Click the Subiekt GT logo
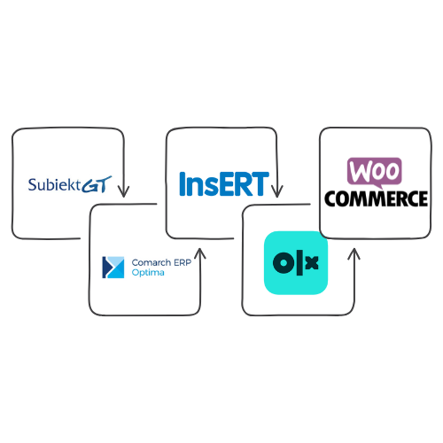click(x=70, y=184)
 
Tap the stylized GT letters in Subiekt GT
click(x=97, y=184)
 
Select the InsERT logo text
click(x=224, y=183)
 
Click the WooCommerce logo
click(x=376, y=183)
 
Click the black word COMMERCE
click(x=376, y=198)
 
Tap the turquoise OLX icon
click(x=296, y=262)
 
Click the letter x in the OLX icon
click(x=312, y=262)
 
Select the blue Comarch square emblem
click(x=113, y=268)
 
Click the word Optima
click(x=148, y=273)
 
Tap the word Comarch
click(x=152, y=262)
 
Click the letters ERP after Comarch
click(x=183, y=262)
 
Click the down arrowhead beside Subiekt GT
click(x=123, y=191)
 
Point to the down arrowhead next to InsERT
click(x=276, y=191)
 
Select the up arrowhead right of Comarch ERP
click(x=200, y=253)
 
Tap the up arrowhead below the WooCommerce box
click(x=354, y=254)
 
